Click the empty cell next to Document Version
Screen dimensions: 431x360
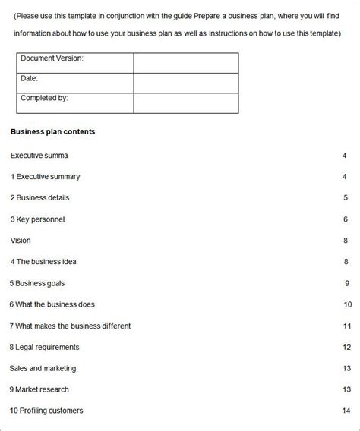185,62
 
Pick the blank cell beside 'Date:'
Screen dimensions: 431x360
185,83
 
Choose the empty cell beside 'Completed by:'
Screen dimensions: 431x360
185,102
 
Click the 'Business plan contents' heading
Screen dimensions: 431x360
52,131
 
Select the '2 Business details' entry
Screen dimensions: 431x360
39,197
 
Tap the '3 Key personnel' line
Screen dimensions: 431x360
37,219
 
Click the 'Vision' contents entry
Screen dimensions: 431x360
21,241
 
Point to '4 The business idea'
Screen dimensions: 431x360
43,262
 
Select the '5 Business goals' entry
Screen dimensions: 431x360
37,283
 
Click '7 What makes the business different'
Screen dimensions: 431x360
70,326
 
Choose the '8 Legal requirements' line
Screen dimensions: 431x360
44,347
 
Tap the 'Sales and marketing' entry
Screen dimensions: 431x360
43,368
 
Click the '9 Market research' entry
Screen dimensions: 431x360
40,389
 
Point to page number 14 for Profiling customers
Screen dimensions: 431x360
346,411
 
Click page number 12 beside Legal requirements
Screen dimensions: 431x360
346,347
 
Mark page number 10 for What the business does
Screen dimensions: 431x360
347,304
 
